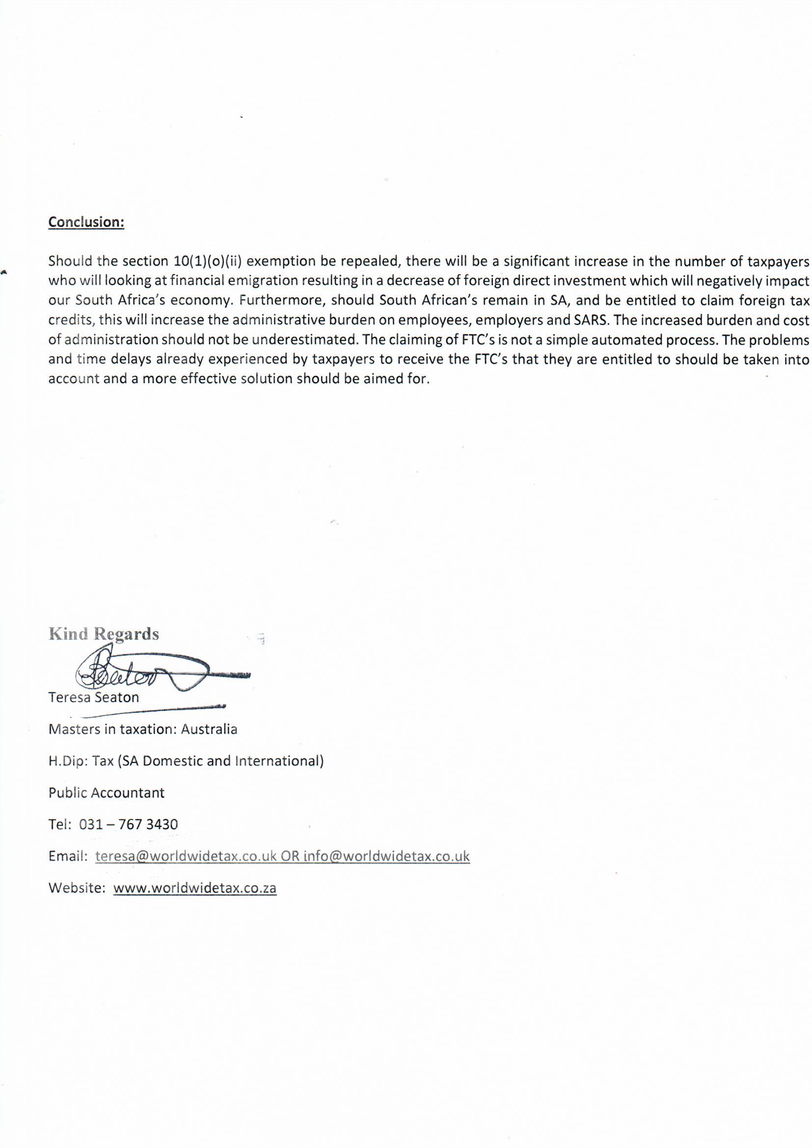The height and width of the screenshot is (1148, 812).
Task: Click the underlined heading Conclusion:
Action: (86, 222)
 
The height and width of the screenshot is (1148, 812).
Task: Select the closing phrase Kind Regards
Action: (104, 634)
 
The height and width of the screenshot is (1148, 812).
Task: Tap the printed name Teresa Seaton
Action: (93, 698)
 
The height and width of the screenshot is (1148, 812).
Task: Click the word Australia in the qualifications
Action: (209, 729)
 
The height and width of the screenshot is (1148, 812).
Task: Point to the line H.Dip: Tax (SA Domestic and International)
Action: (186, 761)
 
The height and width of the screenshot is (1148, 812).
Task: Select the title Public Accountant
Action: (107, 793)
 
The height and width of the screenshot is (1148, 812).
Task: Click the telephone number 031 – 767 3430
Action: (129, 824)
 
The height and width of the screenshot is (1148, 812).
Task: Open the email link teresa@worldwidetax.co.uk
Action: (186, 856)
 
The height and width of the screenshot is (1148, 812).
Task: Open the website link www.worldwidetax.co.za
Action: (195, 888)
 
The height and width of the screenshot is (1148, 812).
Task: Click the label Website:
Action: (77, 888)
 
